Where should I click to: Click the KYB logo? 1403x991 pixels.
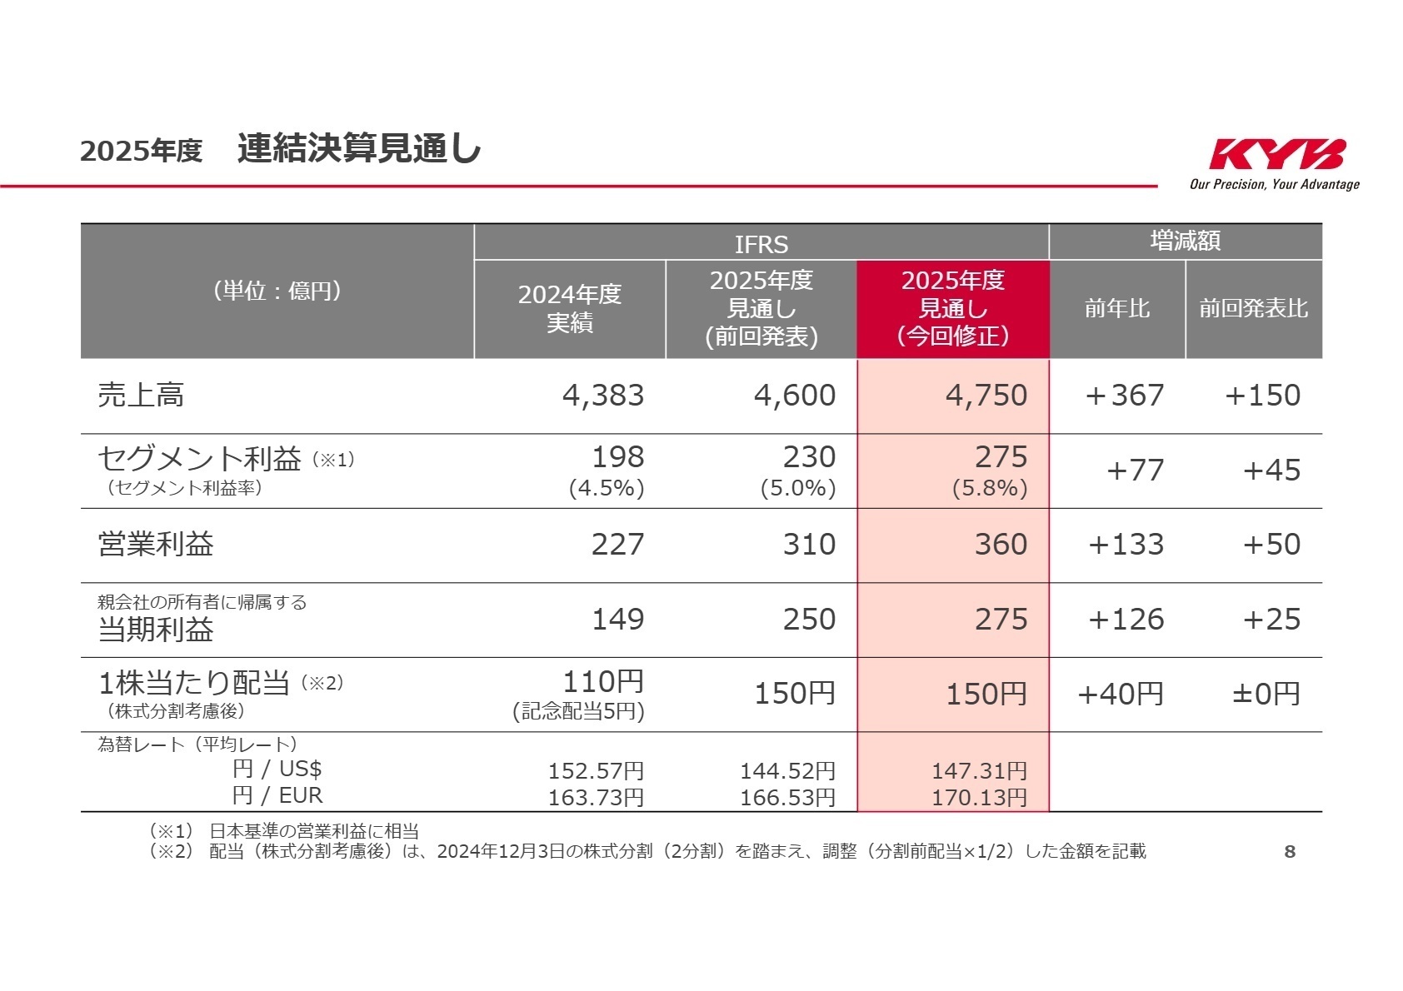click(1276, 155)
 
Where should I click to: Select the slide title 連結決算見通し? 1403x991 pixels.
click(359, 149)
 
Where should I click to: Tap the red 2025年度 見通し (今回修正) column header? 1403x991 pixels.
click(953, 308)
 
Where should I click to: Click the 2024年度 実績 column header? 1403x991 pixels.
click(570, 308)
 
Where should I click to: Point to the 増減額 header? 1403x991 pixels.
click(1185, 242)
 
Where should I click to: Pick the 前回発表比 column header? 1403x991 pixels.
click(1253, 309)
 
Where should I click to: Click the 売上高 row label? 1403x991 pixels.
click(141, 395)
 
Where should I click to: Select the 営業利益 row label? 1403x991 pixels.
click(156, 545)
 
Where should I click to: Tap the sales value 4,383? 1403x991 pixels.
click(603, 396)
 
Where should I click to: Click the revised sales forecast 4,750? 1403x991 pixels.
click(986, 396)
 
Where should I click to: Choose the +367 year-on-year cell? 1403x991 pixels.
click(1124, 396)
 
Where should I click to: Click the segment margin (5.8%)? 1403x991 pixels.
click(990, 488)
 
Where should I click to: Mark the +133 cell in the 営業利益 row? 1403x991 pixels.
click(1126, 545)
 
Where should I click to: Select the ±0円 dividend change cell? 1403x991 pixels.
click(1266, 694)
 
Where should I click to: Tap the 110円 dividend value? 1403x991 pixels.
click(603, 682)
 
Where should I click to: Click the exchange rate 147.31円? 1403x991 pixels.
click(979, 771)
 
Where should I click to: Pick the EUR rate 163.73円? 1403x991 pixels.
click(596, 798)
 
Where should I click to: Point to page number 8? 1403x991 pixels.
click(1290, 851)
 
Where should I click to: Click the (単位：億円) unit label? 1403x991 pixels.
click(277, 291)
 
